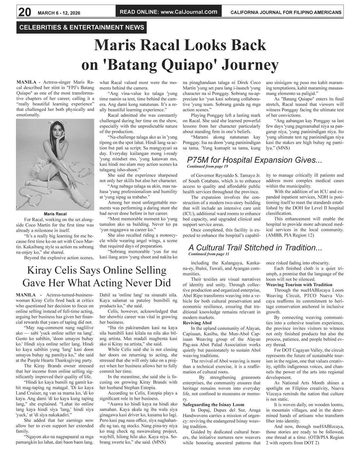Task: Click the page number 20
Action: pyautogui.click(x=24, y=12)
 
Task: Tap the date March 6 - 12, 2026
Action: pyautogui.click(x=59, y=13)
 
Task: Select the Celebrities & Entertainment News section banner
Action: pyautogui.click(x=82, y=27)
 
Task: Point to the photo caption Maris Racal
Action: pyautogui.click(x=55, y=214)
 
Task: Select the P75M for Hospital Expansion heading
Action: pyautogui.click(x=254, y=160)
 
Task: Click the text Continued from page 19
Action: pyautogui.click(x=207, y=167)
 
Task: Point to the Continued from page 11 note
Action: pyautogui.click(x=209, y=254)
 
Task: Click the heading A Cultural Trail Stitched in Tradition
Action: pyautogui.click(x=255, y=248)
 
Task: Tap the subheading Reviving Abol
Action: pyautogui.click(x=197, y=323)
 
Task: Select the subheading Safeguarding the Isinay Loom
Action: pyautogui.click(x=213, y=405)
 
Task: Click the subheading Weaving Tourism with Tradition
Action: pyautogui.click(x=299, y=285)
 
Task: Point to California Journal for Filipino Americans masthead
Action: pyautogui.click(x=286, y=13)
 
